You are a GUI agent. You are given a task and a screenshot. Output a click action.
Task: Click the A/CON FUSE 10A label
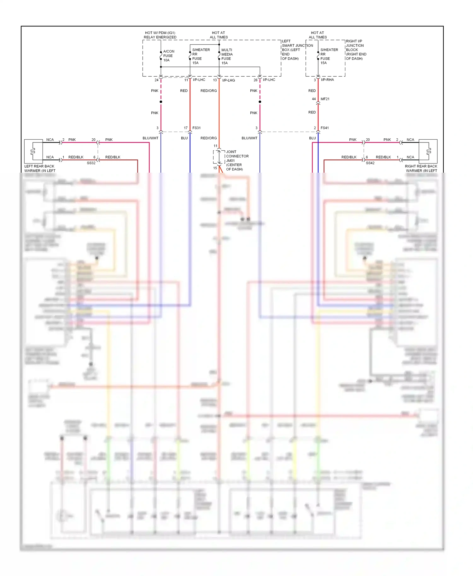[x=168, y=56]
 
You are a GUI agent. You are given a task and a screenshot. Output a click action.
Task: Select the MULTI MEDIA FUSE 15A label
[x=227, y=56]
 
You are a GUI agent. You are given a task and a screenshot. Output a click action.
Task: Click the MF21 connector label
[x=325, y=99]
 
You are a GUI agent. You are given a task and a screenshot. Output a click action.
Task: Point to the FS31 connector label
[x=196, y=128]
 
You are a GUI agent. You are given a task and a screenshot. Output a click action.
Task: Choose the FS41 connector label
[x=324, y=128]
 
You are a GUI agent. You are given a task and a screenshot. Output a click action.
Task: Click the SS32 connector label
[x=91, y=163]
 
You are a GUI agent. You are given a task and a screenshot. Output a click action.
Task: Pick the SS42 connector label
[x=370, y=163]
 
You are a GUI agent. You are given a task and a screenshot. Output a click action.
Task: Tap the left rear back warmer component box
[x=33, y=151]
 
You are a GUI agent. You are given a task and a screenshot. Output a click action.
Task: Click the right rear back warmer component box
[x=428, y=151]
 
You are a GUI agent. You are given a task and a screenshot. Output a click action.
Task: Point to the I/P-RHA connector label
[x=327, y=80]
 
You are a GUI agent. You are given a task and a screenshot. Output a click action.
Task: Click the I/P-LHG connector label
[x=229, y=80]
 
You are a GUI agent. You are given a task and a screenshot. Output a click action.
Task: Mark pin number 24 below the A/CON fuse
[x=156, y=80]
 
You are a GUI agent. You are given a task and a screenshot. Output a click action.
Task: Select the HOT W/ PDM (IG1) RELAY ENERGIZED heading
[x=160, y=35]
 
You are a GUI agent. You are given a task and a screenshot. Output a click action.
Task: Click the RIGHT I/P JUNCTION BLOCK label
[x=356, y=50]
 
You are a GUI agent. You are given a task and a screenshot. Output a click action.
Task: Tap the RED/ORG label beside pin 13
[x=208, y=91]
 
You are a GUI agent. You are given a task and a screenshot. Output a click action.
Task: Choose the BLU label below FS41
[x=312, y=138]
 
